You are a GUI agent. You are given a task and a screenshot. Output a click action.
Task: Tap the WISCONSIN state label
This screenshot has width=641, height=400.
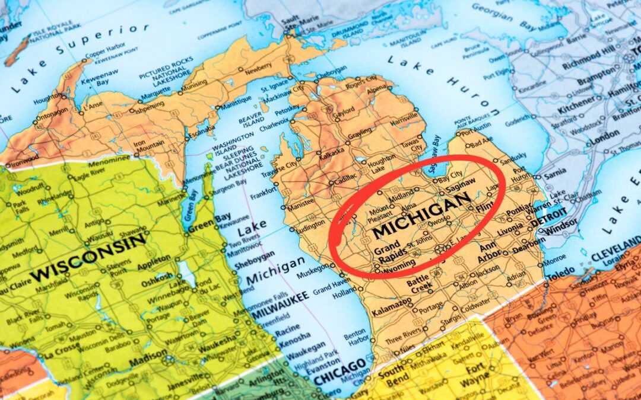(89, 257)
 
